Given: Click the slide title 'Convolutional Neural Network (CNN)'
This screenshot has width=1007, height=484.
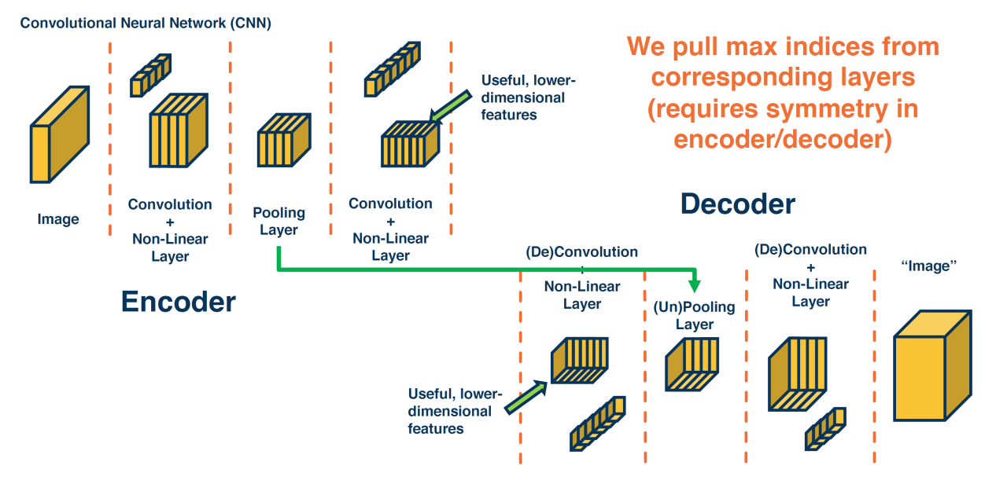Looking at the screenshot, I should pyautogui.click(x=146, y=23).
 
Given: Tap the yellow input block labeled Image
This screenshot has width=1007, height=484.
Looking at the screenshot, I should pyautogui.click(x=59, y=135).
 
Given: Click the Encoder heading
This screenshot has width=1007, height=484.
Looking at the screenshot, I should pyautogui.click(x=178, y=302).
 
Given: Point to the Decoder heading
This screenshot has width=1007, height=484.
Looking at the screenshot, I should pyautogui.click(x=737, y=204).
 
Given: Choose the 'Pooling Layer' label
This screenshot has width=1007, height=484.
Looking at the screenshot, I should pyautogui.click(x=278, y=221).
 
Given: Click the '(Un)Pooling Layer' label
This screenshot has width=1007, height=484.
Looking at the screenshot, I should pyautogui.click(x=694, y=316).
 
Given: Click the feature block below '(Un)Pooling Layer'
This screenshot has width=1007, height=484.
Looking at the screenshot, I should pyautogui.click(x=693, y=363).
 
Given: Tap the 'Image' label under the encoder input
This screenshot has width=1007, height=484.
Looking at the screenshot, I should pyautogui.click(x=58, y=219).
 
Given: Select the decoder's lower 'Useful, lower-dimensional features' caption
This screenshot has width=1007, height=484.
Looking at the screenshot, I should pyautogui.click(x=450, y=411).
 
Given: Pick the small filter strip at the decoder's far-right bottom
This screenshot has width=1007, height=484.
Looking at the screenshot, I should pyautogui.click(x=825, y=427).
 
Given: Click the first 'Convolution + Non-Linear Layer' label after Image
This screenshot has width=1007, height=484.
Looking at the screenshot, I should pyautogui.click(x=170, y=229).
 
